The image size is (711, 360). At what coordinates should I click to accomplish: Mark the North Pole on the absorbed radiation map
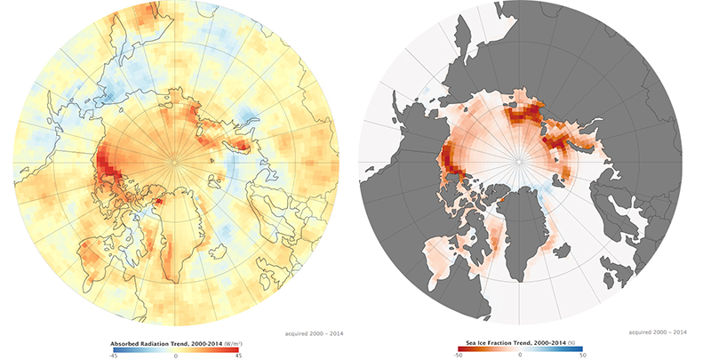point(175,161)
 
